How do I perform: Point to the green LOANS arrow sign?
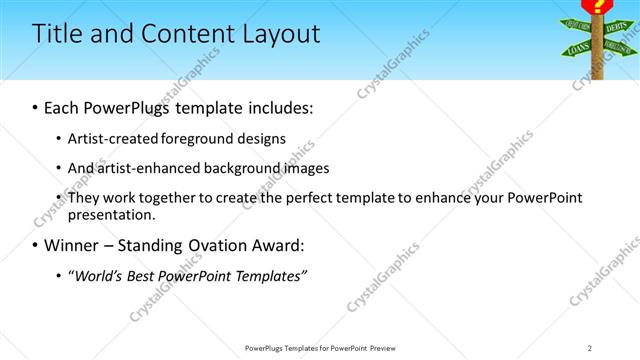tap(577, 48)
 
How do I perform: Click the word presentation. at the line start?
tap(112, 215)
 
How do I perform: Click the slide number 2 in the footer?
tap(590, 347)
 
